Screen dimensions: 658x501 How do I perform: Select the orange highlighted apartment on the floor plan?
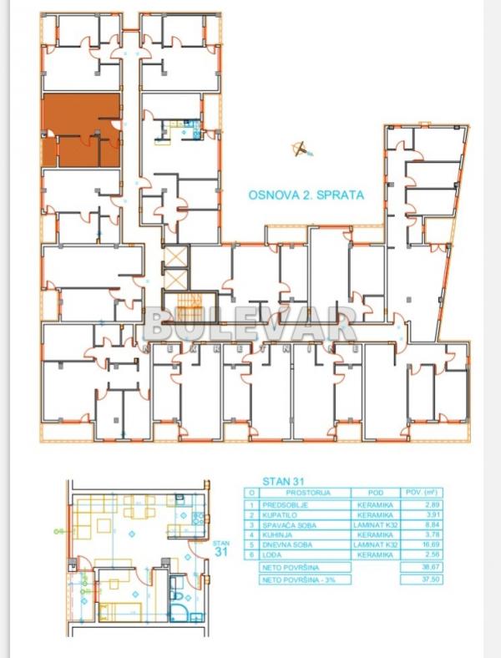click(x=81, y=129)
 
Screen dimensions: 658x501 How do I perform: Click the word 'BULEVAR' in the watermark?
click(x=250, y=322)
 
